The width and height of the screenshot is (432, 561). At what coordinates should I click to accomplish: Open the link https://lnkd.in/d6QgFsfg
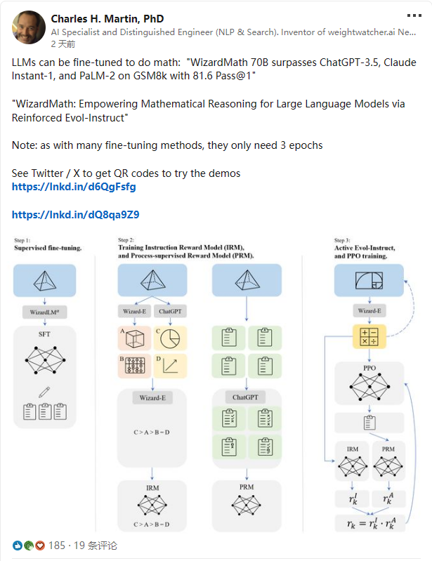pyautogui.click(x=74, y=187)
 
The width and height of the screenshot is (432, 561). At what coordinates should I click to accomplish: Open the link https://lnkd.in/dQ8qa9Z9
pyautogui.click(x=75, y=215)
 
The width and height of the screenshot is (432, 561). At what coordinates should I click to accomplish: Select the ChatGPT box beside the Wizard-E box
pyautogui.click(x=169, y=311)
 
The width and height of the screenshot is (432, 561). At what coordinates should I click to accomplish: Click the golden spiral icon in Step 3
pyautogui.click(x=369, y=281)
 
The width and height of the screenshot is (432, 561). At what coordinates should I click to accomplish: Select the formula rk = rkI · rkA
pyautogui.click(x=369, y=523)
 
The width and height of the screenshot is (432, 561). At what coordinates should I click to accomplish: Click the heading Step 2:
pyautogui.click(x=126, y=240)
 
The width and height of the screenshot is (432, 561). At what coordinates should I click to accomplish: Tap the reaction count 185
pyautogui.click(x=56, y=546)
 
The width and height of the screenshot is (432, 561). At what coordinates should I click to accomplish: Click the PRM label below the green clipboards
pyautogui.click(x=246, y=487)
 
